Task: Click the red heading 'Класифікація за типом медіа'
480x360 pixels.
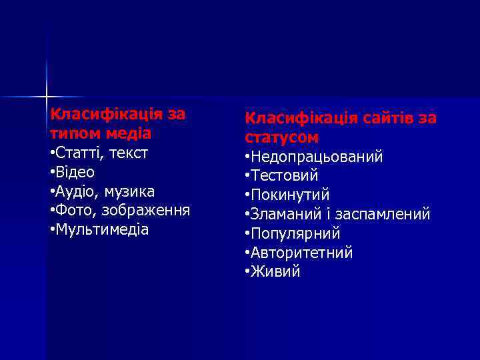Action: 118,123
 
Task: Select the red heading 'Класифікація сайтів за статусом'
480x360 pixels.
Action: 341,127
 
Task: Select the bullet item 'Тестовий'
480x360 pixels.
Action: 284,176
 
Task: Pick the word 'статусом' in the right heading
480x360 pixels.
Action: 282,137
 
